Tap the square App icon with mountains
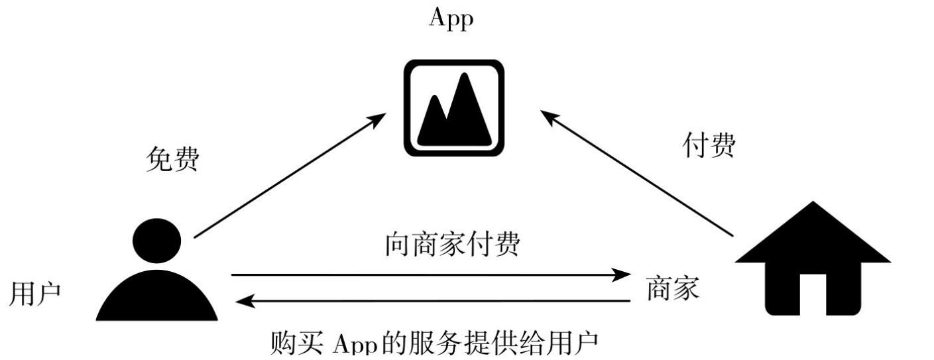click(x=454, y=108)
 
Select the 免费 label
click(x=172, y=160)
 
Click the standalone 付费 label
click(x=709, y=146)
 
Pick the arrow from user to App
click(x=290, y=176)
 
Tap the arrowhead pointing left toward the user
click(x=246, y=302)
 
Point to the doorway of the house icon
click(x=813, y=295)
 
